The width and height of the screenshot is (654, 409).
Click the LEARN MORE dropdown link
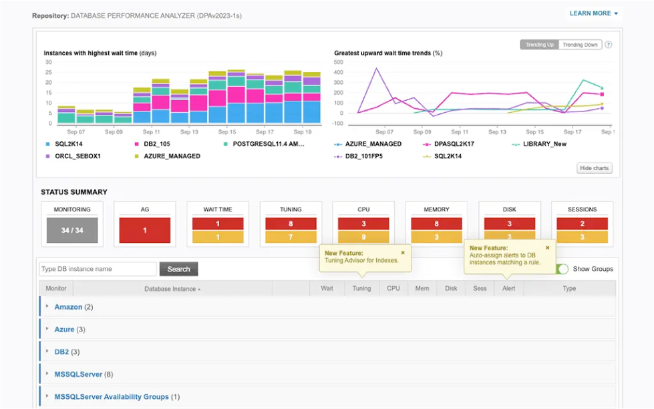593,13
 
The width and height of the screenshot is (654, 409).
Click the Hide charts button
595,168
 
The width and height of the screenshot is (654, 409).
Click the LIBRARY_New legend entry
539,144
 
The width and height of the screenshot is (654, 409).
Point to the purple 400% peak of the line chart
377,68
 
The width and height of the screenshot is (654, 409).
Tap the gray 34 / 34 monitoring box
72,230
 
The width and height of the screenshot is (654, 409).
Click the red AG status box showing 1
145,230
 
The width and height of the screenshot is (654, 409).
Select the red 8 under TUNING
291,224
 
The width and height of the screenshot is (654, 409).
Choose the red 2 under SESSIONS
583,224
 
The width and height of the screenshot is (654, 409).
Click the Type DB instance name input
98,269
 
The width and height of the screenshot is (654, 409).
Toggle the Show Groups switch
562,269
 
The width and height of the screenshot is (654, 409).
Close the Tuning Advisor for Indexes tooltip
403,253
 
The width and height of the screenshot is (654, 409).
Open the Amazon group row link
68,307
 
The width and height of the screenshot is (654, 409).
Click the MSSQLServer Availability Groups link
112,397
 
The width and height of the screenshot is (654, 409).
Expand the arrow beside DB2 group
47,351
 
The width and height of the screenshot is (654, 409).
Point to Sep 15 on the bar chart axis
227,132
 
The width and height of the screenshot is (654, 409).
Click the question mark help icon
609,45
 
